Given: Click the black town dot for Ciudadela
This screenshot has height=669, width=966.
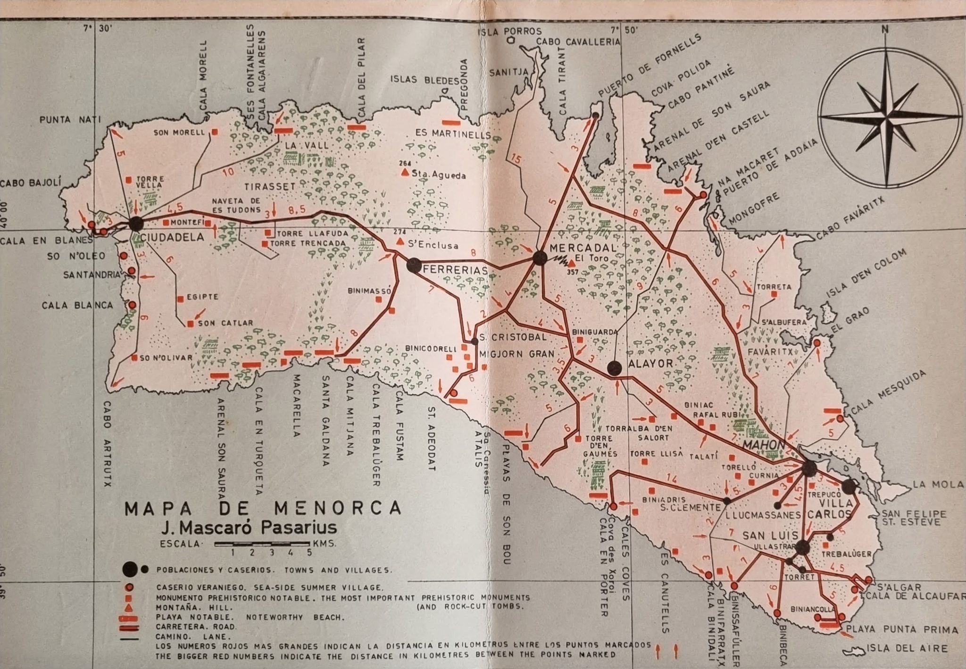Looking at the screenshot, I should pyautogui.click(x=136, y=224).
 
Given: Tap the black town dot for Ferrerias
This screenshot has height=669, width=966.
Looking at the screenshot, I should pyautogui.click(x=413, y=265).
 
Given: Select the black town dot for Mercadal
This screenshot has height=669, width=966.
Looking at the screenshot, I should pyautogui.click(x=540, y=258).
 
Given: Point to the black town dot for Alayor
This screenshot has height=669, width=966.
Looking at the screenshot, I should pyautogui.click(x=614, y=368).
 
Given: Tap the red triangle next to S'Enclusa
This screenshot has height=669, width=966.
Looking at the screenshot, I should pyautogui.click(x=400, y=242).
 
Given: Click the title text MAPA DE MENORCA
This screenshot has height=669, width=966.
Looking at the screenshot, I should pyautogui.click(x=263, y=508).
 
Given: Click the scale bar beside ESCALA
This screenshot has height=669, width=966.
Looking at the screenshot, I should pyautogui.click(x=262, y=544).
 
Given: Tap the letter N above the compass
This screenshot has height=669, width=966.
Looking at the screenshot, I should pyautogui.click(x=885, y=29).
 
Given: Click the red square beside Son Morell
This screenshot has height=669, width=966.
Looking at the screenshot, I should pyautogui.click(x=215, y=133).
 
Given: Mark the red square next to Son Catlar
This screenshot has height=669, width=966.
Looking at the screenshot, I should pyautogui.click(x=191, y=324).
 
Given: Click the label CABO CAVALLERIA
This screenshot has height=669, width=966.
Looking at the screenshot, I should pyautogui.click(x=578, y=42).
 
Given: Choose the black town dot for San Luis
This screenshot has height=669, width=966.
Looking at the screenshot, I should pyautogui.click(x=802, y=548).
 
